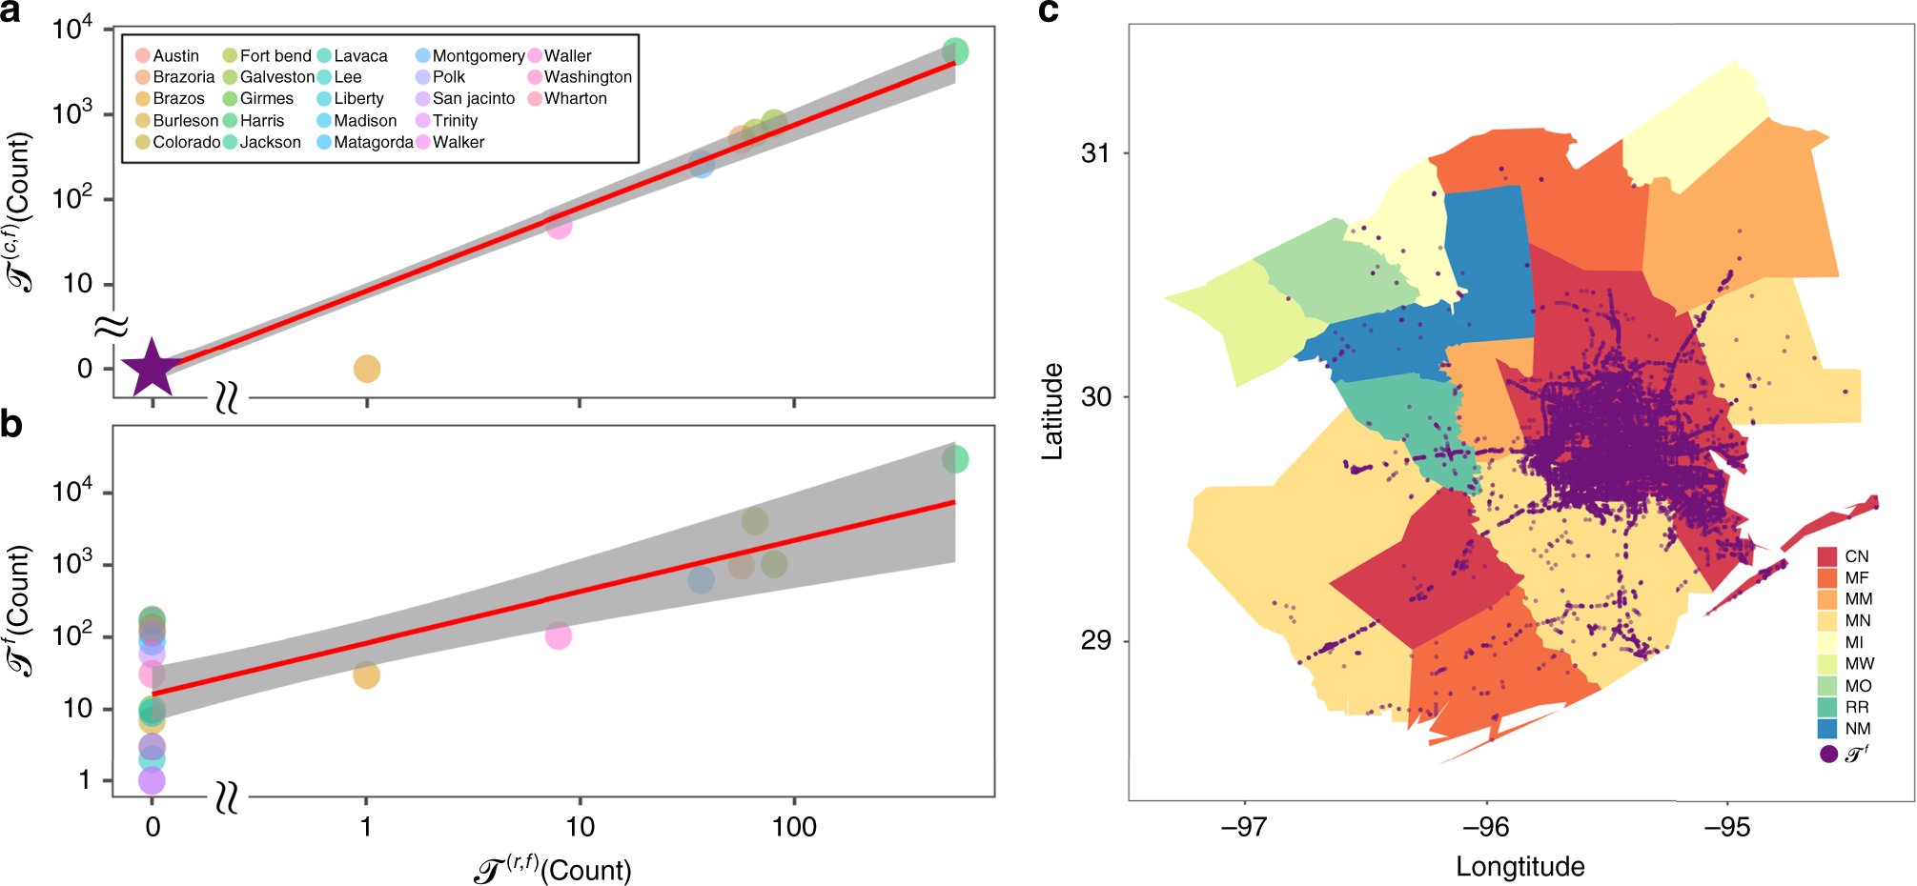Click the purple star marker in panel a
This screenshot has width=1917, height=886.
[x=152, y=368]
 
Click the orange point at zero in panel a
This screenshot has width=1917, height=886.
[x=366, y=369]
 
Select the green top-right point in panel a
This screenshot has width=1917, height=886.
[x=955, y=51]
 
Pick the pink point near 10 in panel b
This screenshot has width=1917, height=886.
[x=559, y=635]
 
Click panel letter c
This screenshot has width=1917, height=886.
[x=1048, y=11]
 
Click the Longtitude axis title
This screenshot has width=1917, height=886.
[x=1519, y=867]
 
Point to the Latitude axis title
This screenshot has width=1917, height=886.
[x=1052, y=412]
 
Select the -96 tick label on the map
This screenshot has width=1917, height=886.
[x=1486, y=827]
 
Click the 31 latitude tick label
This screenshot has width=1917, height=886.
[x=1096, y=153]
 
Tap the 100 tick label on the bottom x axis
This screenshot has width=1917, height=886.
[x=793, y=827]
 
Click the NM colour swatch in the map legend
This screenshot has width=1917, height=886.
[x=1826, y=729]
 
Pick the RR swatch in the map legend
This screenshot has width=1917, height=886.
[x=1826, y=707]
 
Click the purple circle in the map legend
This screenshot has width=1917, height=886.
[x=1828, y=755]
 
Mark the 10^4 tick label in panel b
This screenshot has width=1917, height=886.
[x=72, y=491]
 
